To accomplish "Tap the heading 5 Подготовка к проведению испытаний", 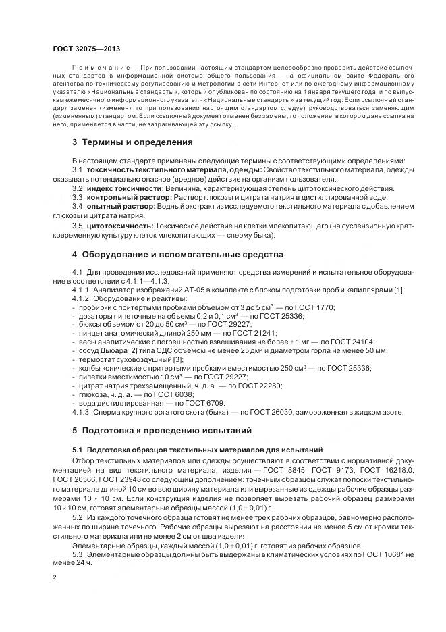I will [161, 429].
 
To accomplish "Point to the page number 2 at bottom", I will [55, 577].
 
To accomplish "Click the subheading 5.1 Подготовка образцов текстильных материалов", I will [197, 449].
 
